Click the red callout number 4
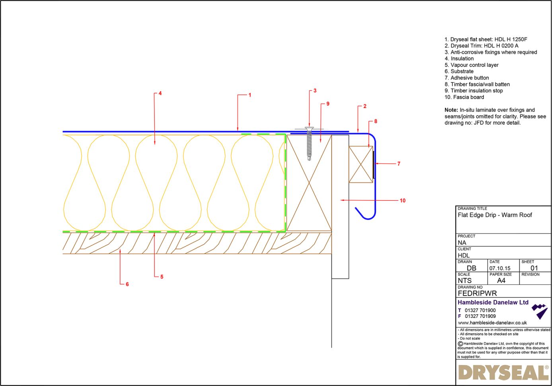[x=160, y=93]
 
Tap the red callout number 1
[x=250, y=95]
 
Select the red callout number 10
[x=403, y=200]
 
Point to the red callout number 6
[x=127, y=284]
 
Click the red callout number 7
[x=399, y=163]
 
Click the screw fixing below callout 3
[x=309, y=143]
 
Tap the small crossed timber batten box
[x=360, y=165]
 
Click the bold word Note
[x=451, y=110]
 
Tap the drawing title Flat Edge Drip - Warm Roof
[x=495, y=215]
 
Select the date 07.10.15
[x=500, y=268]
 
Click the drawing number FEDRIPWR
[x=477, y=293]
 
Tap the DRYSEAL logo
[x=503, y=373]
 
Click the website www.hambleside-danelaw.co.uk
[x=492, y=323]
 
